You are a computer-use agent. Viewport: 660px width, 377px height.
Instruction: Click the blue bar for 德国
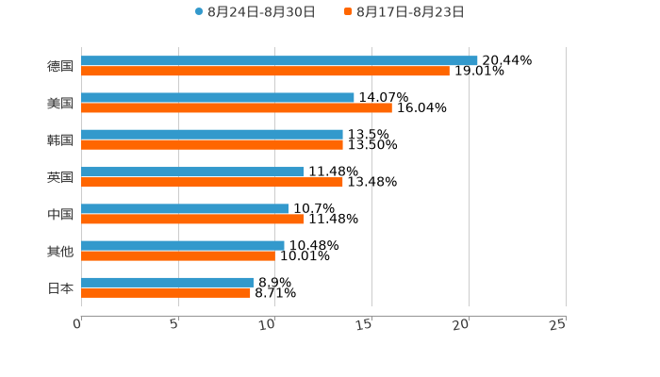[279, 60]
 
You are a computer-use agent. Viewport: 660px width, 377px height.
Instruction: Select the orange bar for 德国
[265, 71]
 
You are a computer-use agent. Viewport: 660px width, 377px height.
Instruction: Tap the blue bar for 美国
[218, 97]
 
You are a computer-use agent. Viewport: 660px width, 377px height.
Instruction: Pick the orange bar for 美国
[237, 107]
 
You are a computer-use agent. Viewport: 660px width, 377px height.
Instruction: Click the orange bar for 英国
[212, 182]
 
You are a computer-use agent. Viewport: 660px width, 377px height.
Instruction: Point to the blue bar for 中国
[185, 208]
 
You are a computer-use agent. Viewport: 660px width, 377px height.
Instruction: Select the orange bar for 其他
[178, 255]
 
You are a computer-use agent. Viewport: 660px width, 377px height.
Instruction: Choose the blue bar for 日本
[167, 282]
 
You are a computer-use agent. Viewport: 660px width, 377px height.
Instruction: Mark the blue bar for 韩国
[212, 134]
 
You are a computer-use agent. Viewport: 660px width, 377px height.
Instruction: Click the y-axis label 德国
[60, 66]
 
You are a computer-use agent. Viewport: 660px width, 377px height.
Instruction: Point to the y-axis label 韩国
[60, 140]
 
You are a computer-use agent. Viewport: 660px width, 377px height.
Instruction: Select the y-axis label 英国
[60, 177]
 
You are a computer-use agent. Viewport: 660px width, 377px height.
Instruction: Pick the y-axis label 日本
[60, 288]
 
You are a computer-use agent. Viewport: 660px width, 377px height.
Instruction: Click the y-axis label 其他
[60, 251]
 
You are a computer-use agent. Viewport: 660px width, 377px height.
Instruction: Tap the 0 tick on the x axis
[78, 324]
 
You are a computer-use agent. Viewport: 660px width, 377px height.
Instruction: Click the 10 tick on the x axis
[270, 324]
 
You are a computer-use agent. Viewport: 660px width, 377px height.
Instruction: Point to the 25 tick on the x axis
[558, 324]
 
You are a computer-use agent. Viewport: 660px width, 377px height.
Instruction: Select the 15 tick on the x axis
[367, 324]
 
